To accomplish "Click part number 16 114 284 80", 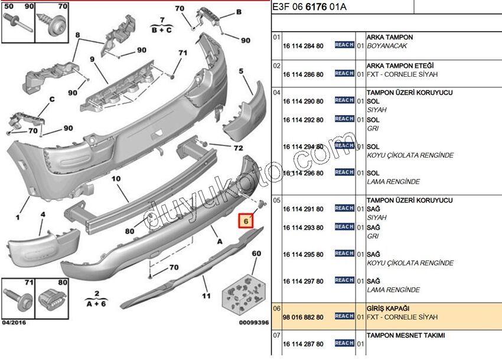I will click(303, 45).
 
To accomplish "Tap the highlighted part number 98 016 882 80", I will click(303, 317).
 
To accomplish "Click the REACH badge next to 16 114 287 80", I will click(344, 343).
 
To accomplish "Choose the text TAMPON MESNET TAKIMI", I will click(406, 335).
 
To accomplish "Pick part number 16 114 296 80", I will click(303, 173).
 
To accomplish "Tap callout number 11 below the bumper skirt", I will click(206, 296).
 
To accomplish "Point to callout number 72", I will click(238, 148).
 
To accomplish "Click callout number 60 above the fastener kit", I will click(256, 254).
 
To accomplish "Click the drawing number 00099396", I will click(253, 322).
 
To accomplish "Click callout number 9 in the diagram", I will click(93, 60).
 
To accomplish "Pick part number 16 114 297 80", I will click(303, 281).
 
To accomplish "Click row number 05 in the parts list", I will click(276, 201).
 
